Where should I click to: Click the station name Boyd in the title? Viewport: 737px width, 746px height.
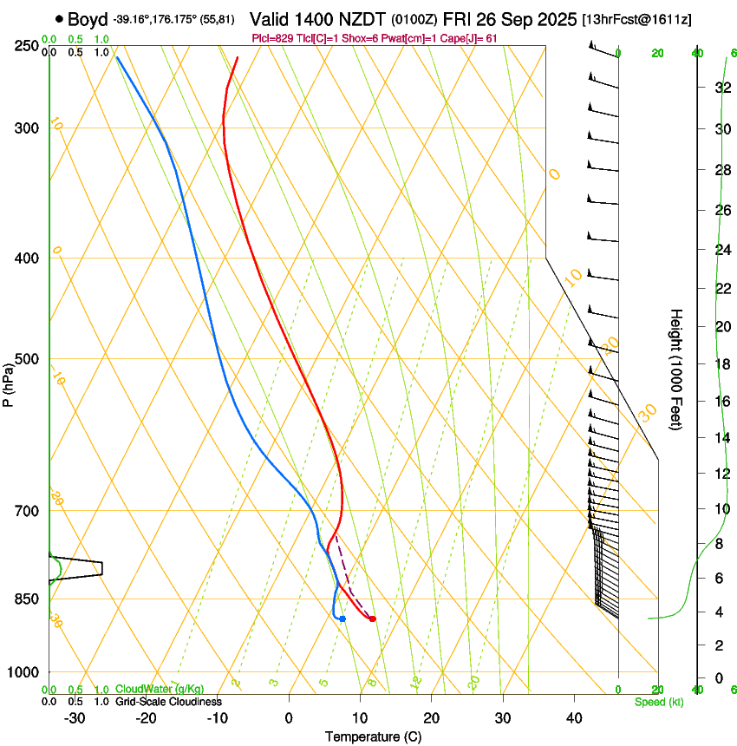tap(88, 18)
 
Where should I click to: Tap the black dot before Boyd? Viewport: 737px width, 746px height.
tap(59, 18)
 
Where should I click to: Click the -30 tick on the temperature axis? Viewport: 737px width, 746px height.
tap(75, 718)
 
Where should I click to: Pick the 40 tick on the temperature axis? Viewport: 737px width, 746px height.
tap(573, 718)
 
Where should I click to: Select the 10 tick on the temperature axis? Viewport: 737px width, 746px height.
tap(360, 718)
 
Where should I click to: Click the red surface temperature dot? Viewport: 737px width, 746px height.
tap(372, 618)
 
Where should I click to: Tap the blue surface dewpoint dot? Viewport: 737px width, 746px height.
tap(342, 618)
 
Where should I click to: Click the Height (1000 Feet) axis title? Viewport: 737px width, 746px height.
tap(676, 369)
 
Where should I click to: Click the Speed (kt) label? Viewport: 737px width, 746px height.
tap(658, 702)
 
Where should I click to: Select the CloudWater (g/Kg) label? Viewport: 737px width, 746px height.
tap(160, 689)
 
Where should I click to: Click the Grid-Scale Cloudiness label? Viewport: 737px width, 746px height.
tap(168, 702)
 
